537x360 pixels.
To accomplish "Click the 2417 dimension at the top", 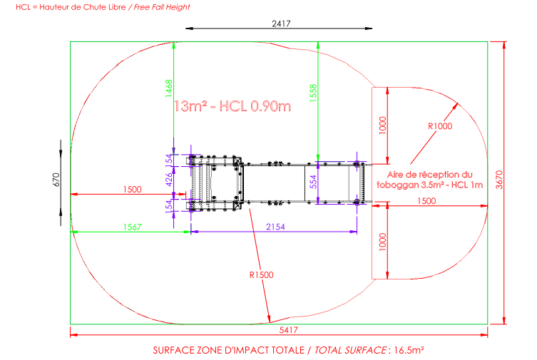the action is pyautogui.click(x=281, y=24).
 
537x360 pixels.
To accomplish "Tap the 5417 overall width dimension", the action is pyautogui.click(x=289, y=330).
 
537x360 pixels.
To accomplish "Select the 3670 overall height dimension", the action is pyautogui.click(x=499, y=180).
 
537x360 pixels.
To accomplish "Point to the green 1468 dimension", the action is pyautogui.click(x=169, y=88).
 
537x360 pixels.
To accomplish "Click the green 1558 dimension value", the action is pyautogui.click(x=313, y=93).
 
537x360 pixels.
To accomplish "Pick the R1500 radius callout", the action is pyautogui.click(x=261, y=274).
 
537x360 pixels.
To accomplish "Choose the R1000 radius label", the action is pyautogui.click(x=440, y=126).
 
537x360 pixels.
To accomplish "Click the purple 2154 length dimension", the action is pyautogui.click(x=275, y=227).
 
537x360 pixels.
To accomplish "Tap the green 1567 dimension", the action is pyautogui.click(x=132, y=227).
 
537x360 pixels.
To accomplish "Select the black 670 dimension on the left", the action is pyautogui.click(x=56, y=180).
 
